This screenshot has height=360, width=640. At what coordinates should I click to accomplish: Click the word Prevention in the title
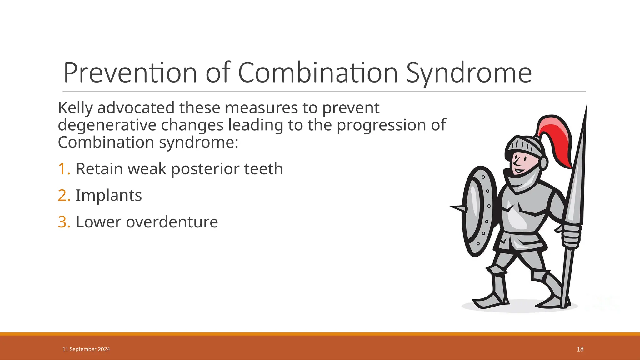pyautogui.click(x=130, y=73)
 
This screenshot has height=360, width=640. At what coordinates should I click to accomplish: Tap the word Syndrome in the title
pyautogui.click(x=469, y=73)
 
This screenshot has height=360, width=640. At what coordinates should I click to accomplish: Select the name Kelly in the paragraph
pyautogui.click(x=75, y=108)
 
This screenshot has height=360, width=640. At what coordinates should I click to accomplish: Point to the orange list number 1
pyautogui.click(x=63, y=169)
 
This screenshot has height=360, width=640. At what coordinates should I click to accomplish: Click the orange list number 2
pyautogui.click(x=63, y=196)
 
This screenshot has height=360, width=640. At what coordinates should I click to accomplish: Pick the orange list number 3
pyautogui.click(x=63, y=222)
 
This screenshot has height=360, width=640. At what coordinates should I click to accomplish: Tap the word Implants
pyautogui.click(x=109, y=196)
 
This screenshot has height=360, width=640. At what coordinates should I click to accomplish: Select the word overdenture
pyautogui.click(x=172, y=222)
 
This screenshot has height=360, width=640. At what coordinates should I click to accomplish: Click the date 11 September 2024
pyautogui.click(x=86, y=349)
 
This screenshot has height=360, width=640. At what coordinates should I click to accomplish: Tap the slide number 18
pyautogui.click(x=580, y=349)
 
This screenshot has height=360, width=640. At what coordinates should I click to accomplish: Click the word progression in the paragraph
pyautogui.click(x=381, y=125)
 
